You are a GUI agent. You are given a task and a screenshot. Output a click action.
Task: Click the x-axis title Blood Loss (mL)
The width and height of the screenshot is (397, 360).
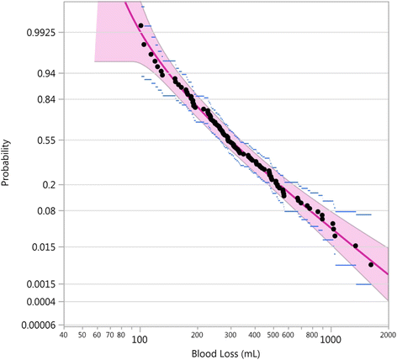pos(224,353)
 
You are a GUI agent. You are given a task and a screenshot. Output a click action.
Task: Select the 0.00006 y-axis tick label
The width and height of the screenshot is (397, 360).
pos(34,325)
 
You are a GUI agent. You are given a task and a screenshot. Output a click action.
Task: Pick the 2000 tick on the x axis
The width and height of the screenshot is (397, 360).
pos(388,335)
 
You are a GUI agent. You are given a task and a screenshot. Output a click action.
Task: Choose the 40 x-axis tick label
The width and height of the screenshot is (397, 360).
pos(64,335)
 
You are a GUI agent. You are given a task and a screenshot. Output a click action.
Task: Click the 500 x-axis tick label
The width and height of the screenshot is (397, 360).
pos(273,335)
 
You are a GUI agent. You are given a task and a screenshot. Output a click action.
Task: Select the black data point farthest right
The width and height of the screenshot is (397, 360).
pos(371,264)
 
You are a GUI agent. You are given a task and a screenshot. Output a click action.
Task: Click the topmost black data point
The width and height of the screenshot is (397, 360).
pos(140,26)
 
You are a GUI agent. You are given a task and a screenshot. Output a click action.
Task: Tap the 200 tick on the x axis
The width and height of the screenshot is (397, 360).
pos(197,335)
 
